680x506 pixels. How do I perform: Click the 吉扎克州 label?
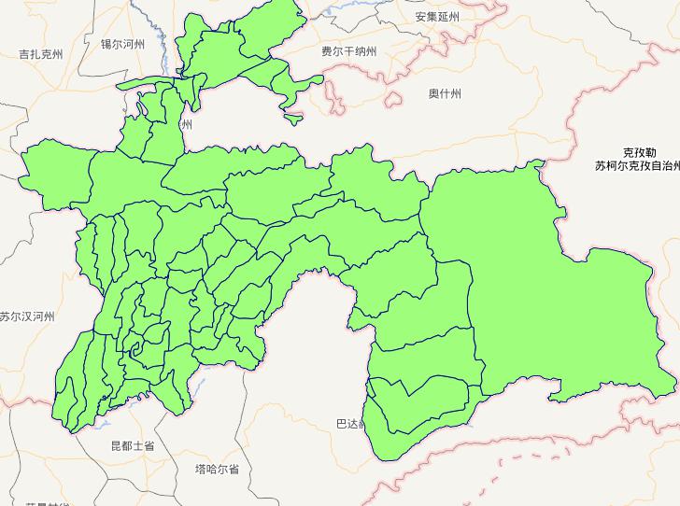click(41, 55)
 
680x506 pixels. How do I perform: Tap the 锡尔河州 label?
click(123, 44)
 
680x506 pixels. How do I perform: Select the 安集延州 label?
click(438, 17)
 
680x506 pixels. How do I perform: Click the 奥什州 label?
click(445, 93)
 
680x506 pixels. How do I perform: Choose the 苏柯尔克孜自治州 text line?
click(637, 165)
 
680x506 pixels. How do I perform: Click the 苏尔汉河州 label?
click(27, 316)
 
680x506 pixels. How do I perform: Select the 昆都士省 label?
click(132, 446)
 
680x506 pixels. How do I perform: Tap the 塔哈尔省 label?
click(217, 469)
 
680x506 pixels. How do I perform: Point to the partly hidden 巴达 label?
click(347, 424)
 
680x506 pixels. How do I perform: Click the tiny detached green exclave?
click(293, 119)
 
